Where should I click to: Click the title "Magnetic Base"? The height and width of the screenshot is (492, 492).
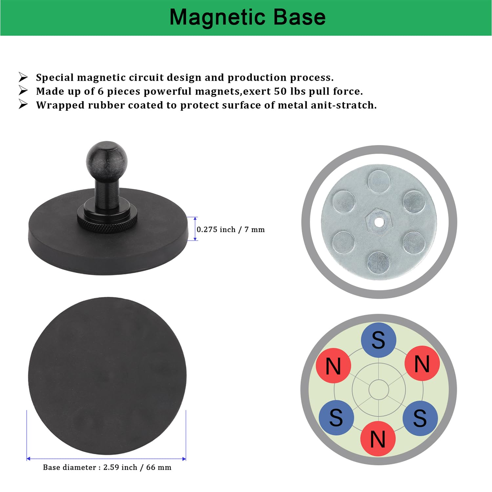248,17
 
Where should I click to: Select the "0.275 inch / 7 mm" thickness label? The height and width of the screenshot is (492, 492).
231,230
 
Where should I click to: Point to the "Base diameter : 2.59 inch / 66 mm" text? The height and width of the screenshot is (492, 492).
107,467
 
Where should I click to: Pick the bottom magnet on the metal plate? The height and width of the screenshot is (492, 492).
379,263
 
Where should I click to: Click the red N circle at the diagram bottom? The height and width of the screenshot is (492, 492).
378,439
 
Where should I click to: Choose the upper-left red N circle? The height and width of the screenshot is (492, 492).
334,366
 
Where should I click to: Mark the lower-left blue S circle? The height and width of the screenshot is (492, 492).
336,418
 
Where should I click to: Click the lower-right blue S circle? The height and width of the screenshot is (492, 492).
420,418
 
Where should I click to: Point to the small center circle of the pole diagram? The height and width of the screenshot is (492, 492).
379,390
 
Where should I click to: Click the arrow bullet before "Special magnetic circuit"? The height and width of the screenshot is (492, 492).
23,77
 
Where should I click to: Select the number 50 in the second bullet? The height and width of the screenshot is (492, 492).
280,91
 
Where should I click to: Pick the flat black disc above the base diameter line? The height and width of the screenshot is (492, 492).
107,376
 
